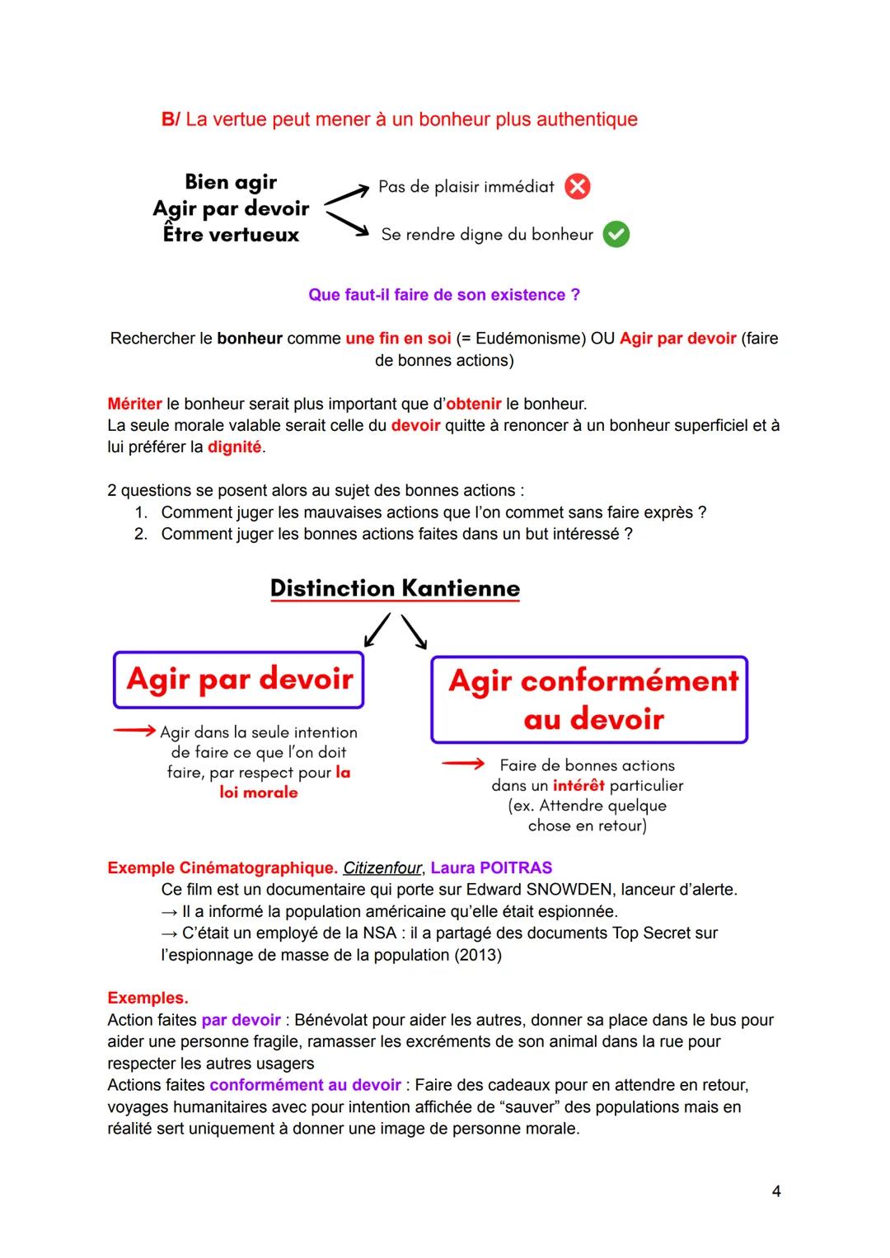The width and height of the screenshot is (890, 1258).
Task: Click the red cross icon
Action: click(577, 187)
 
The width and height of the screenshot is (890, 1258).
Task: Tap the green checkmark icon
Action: click(616, 235)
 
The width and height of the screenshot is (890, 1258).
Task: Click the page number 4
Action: click(775, 1190)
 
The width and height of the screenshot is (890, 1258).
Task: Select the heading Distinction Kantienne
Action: click(395, 588)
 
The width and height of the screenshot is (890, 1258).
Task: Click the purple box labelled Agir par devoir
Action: click(239, 680)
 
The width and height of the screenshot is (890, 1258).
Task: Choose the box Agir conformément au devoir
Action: click(589, 699)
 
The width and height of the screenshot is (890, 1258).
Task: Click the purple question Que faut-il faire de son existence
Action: click(443, 295)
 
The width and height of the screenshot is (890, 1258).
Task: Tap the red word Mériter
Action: click(134, 404)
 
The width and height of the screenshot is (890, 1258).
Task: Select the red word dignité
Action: click(234, 447)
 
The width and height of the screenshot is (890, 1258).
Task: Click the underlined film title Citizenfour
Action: click(382, 868)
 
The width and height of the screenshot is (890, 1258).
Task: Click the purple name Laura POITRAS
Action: click(491, 868)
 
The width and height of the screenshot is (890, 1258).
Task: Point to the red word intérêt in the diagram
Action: click(578, 785)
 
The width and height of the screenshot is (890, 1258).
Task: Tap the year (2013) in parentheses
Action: click(475, 955)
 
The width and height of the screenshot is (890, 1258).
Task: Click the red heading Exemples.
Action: click(148, 998)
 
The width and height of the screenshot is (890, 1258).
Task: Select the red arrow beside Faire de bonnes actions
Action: click(462, 765)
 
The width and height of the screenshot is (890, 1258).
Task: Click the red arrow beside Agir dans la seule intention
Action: click(134, 731)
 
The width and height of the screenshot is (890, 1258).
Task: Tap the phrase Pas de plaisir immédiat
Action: click(466, 187)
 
